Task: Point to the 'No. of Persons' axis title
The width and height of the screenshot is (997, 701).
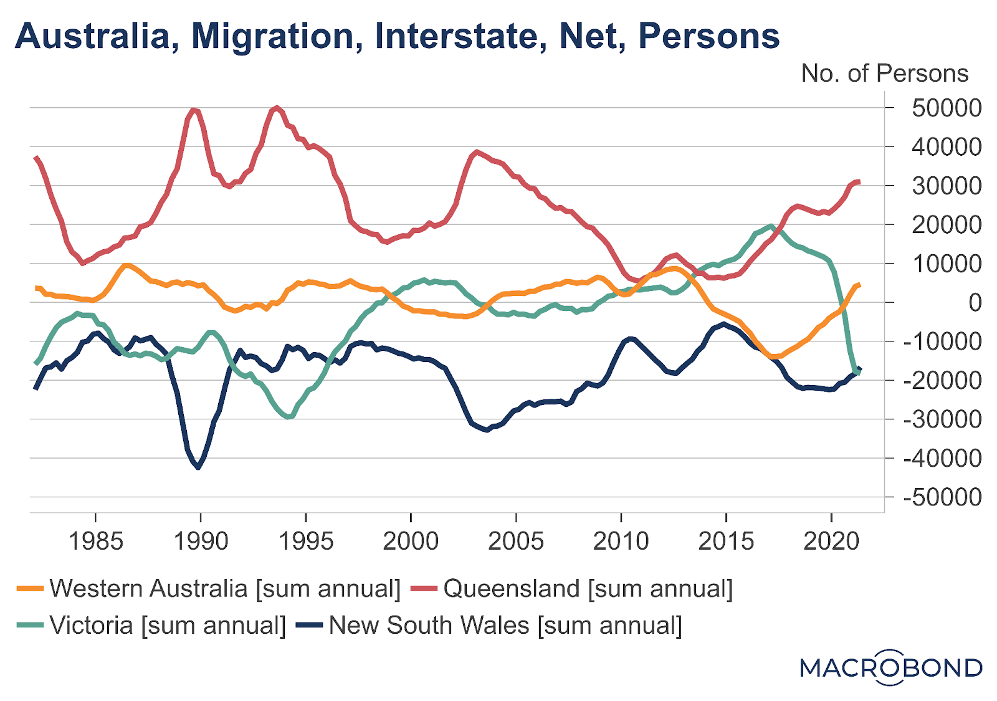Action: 884,74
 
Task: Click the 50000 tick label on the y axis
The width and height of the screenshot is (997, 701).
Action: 947,108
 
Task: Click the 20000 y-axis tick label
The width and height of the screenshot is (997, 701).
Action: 947,224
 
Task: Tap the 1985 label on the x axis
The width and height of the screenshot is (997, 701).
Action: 95,540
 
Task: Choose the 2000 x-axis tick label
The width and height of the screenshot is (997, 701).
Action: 411,540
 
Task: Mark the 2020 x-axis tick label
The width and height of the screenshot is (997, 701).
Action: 831,540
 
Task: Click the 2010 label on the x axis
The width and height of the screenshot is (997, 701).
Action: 621,540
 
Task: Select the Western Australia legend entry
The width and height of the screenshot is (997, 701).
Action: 209,588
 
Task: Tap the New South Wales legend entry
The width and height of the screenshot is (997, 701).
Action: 489,625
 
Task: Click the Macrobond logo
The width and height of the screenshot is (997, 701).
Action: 891,667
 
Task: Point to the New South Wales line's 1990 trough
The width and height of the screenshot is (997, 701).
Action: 198,467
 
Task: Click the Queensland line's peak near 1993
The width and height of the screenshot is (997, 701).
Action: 277,108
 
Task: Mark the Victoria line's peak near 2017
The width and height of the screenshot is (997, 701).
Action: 771,226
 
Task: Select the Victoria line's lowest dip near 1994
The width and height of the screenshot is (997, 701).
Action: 287,417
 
